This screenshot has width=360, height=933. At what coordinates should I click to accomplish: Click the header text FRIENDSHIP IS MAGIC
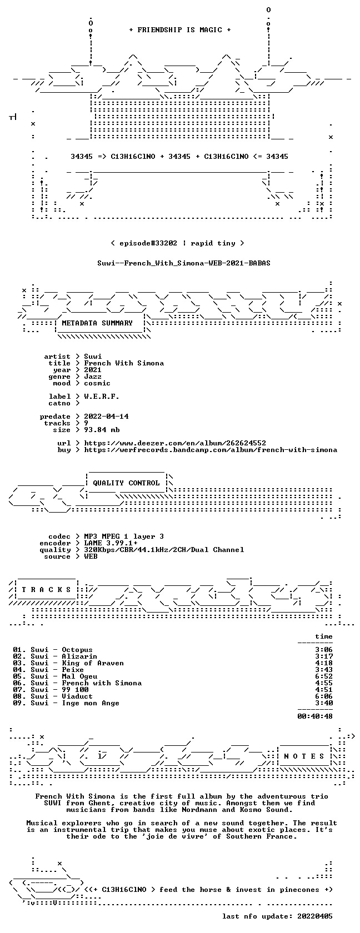pyautogui.click(x=179, y=30)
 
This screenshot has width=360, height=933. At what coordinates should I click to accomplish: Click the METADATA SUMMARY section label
pyautogui.click(x=97, y=323)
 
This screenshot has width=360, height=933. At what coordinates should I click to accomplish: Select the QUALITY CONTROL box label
pyautogui.click(x=126, y=483)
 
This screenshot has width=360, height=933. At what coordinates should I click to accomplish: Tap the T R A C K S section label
pyautogui.click(x=46, y=590)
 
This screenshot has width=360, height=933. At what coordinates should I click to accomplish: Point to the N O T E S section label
pyautogui.click(x=304, y=756)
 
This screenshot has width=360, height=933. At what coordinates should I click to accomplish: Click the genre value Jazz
pyautogui.click(x=93, y=377)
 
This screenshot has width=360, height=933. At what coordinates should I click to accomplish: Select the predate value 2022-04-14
pyautogui.click(x=106, y=417)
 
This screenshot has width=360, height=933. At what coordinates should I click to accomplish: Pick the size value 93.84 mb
pyautogui.click(x=102, y=430)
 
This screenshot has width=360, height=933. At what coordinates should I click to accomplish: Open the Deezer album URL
pyautogui.click(x=175, y=443)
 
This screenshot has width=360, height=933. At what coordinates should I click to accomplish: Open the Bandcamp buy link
pyautogui.click(x=211, y=450)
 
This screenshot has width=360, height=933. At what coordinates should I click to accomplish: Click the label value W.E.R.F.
pyautogui.click(x=102, y=397)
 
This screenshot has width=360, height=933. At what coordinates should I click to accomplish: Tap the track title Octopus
pyautogui.click(x=77, y=650)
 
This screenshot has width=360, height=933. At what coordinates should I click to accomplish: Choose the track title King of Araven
pyautogui.click(x=93, y=663)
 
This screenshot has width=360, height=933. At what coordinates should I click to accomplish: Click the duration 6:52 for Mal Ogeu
pyautogui.click(x=324, y=676)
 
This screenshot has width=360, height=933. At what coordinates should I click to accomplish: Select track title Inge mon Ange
pyautogui.click(x=91, y=703)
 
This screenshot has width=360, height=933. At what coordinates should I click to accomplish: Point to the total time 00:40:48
pyautogui.click(x=315, y=716)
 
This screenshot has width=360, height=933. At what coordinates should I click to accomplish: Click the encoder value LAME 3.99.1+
pyautogui.click(x=111, y=543)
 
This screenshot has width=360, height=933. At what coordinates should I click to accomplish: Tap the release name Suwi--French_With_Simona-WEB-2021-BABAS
pyautogui.click(x=184, y=263)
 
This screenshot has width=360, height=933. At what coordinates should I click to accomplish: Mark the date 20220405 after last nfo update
pyautogui.click(x=315, y=916)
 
